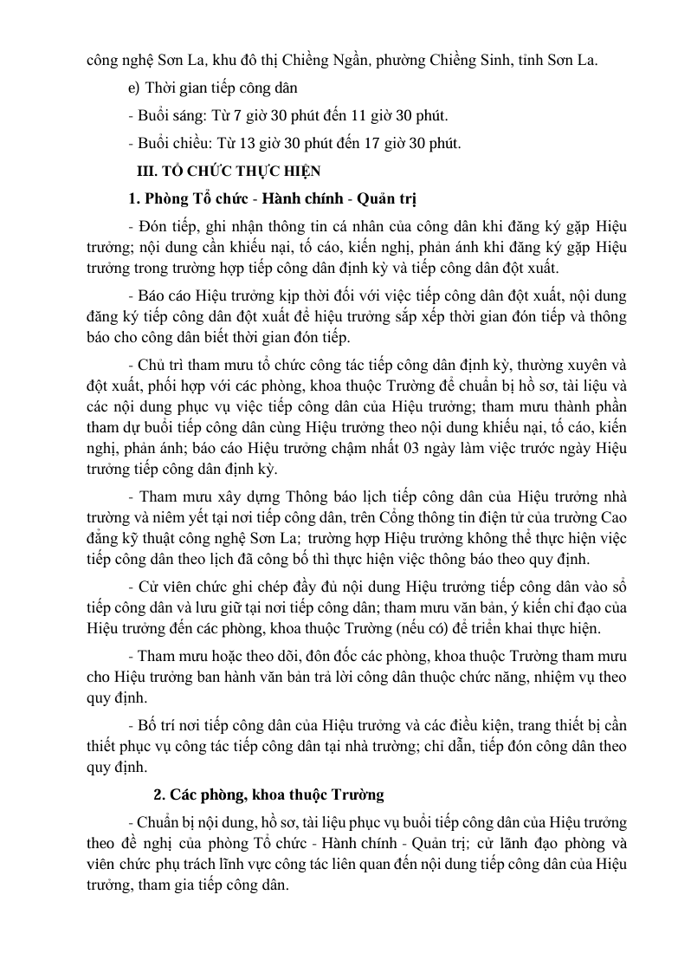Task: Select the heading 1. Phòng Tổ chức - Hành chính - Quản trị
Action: pyautogui.click(x=273, y=198)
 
